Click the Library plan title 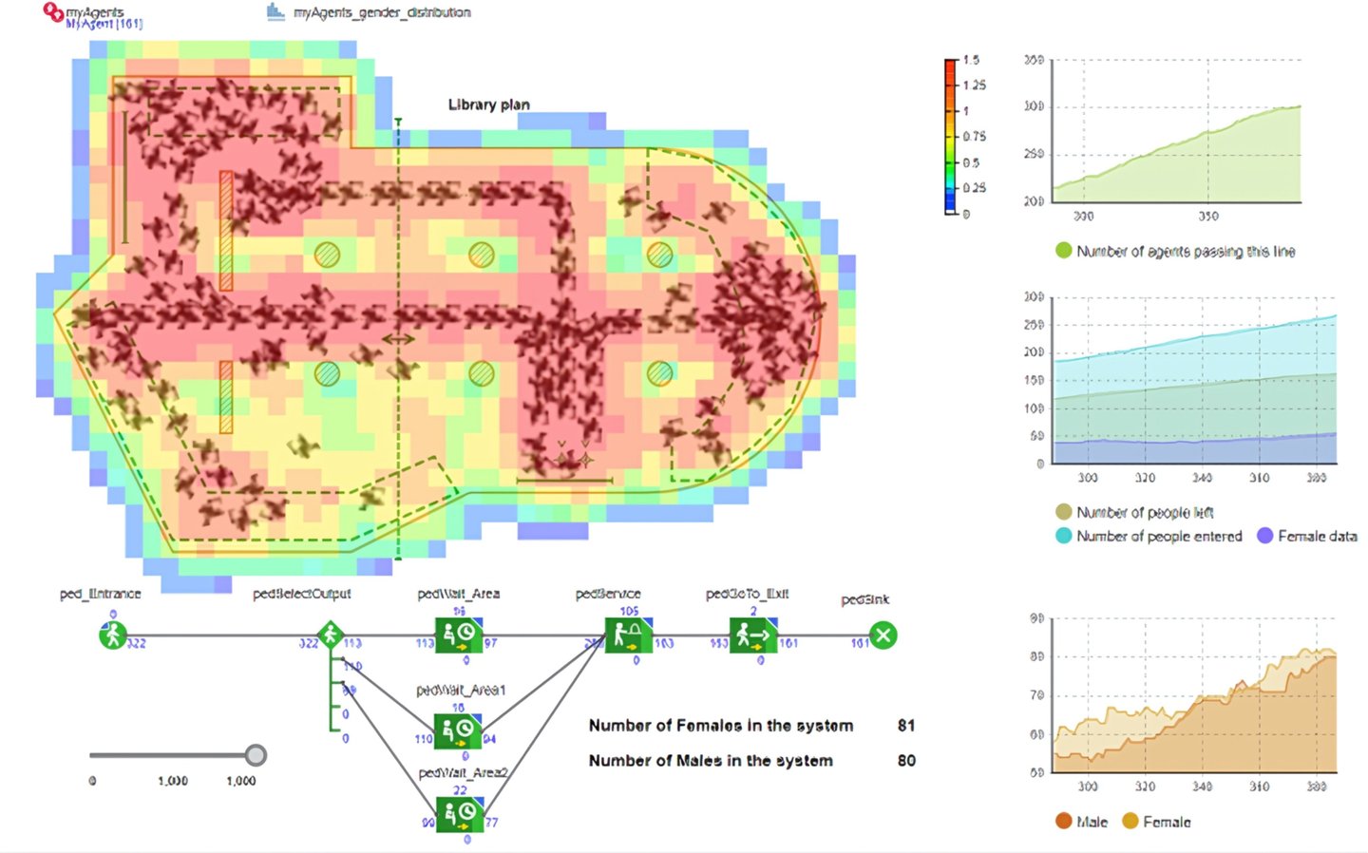tap(488, 104)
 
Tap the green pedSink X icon tap(883, 635)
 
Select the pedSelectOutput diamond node tap(330, 635)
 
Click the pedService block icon tap(628, 635)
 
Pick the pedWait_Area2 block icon tap(459, 815)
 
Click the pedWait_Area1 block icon tap(459, 730)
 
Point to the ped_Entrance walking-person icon tap(113, 635)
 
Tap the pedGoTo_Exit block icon tap(753, 635)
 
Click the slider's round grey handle tap(256, 755)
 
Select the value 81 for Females tap(906, 726)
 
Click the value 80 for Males tap(906, 761)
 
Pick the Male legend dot tap(1064, 822)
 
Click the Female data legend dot tap(1264, 536)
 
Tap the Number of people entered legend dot tap(1064, 536)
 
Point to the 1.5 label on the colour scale tap(971, 60)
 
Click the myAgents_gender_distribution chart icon tap(275, 11)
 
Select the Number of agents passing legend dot tap(1064, 251)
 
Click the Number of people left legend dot tap(1064, 512)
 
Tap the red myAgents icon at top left tap(54, 12)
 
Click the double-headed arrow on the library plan tap(398, 339)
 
